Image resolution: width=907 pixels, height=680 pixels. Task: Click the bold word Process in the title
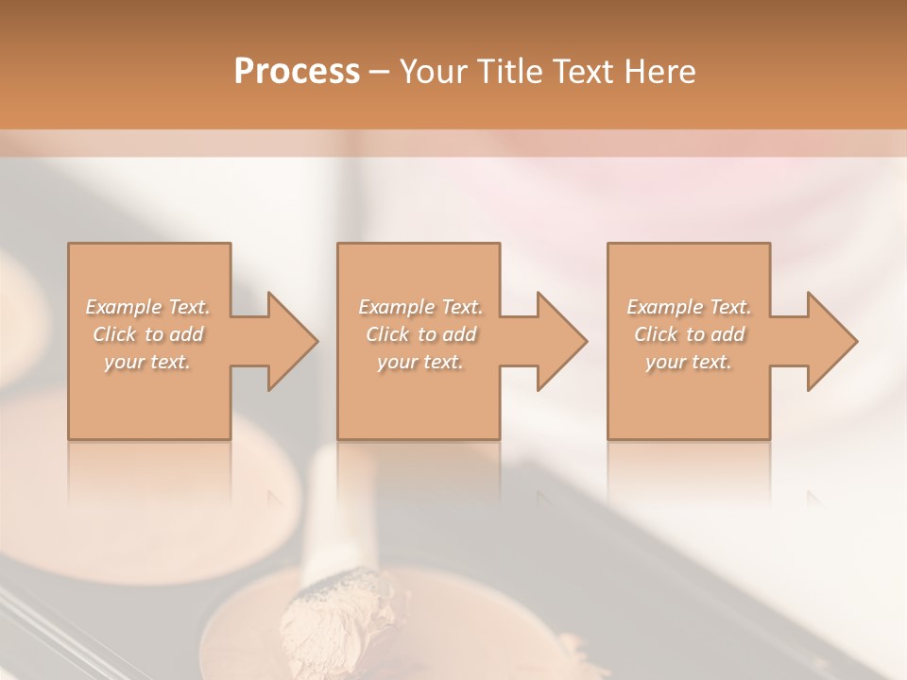pos(297,72)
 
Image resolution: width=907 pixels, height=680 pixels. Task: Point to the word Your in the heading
pos(433,72)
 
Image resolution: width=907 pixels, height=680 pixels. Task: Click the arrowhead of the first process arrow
pos(291,341)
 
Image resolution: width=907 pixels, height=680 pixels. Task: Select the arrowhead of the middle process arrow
pos(560,341)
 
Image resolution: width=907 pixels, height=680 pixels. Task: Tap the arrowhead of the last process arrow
pos(830,341)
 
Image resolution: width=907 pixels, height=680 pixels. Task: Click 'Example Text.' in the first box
pos(147,307)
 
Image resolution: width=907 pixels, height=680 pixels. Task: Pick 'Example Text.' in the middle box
pos(420,307)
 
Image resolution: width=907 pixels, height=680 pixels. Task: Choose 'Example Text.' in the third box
pos(690,307)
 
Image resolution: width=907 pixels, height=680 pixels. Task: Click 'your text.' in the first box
pos(147,362)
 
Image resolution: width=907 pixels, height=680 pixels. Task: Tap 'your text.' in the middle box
pos(420,362)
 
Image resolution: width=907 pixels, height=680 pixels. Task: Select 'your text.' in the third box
pos(690,362)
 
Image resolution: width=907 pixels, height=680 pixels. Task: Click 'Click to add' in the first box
pos(147,334)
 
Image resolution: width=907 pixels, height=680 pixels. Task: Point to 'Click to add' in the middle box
pos(420,334)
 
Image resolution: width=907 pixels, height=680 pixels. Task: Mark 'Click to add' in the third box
pos(690,334)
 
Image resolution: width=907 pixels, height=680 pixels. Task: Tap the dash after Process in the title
pos(379,73)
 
